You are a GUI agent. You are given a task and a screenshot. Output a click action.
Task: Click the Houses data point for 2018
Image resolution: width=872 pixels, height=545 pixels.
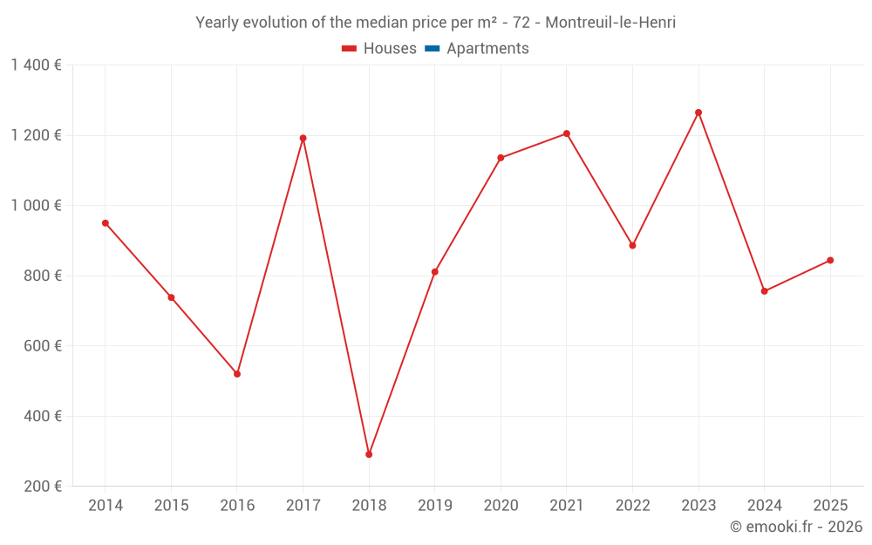click(x=369, y=454)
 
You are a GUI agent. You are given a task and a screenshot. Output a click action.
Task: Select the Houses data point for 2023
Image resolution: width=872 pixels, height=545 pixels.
click(x=698, y=112)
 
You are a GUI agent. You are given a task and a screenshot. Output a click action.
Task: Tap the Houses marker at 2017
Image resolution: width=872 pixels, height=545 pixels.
click(x=303, y=138)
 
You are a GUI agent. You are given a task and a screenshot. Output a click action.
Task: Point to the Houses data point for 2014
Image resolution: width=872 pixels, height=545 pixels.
click(x=106, y=223)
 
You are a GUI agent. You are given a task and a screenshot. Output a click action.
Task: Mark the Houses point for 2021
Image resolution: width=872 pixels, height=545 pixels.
click(x=567, y=133)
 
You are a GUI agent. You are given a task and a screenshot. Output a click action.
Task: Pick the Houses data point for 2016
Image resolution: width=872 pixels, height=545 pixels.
click(x=237, y=374)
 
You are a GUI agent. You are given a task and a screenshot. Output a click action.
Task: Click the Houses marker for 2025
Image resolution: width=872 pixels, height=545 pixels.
click(x=830, y=260)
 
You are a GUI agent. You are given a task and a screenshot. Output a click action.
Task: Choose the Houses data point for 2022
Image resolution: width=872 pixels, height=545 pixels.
click(x=633, y=246)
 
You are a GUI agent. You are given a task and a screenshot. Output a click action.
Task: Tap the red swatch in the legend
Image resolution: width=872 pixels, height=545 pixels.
click(x=350, y=49)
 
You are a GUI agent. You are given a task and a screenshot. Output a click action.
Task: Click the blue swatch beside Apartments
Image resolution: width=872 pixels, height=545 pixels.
click(x=432, y=49)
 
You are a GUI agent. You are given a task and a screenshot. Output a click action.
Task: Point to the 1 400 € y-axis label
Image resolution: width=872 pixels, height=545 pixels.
click(x=36, y=65)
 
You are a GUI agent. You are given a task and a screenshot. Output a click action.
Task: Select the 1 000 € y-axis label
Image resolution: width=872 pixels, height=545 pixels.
click(x=36, y=206)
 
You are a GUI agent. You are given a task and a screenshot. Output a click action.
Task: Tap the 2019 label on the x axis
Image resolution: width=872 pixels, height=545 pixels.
click(x=435, y=506)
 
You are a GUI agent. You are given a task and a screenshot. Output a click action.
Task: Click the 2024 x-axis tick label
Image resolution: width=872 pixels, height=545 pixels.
click(x=764, y=506)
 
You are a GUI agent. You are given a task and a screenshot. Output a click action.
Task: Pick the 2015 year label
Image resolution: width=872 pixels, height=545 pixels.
click(x=171, y=506)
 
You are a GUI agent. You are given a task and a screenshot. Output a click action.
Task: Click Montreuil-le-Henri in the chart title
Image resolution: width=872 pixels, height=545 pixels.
click(x=610, y=23)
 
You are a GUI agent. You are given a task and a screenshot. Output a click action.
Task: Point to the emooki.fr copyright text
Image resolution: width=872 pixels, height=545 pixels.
click(x=795, y=527)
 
